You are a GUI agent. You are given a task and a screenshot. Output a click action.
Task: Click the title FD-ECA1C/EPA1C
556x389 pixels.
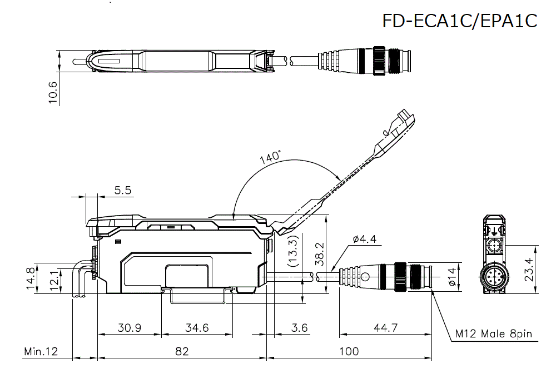(460, 21)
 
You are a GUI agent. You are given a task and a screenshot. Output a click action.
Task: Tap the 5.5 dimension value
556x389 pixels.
(122, 190)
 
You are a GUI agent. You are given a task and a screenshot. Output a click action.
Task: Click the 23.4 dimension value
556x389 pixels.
(529, 270)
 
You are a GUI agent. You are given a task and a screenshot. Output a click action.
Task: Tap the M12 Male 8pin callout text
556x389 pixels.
(494, 334)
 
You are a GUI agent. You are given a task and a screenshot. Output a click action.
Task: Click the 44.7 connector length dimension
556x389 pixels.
(386, 328)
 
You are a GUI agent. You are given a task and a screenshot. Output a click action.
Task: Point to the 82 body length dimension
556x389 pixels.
(182, 351)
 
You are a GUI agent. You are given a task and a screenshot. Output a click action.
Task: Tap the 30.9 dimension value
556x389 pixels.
(129, 328)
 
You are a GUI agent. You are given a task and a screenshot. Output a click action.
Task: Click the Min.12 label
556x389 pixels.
(41, 351)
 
